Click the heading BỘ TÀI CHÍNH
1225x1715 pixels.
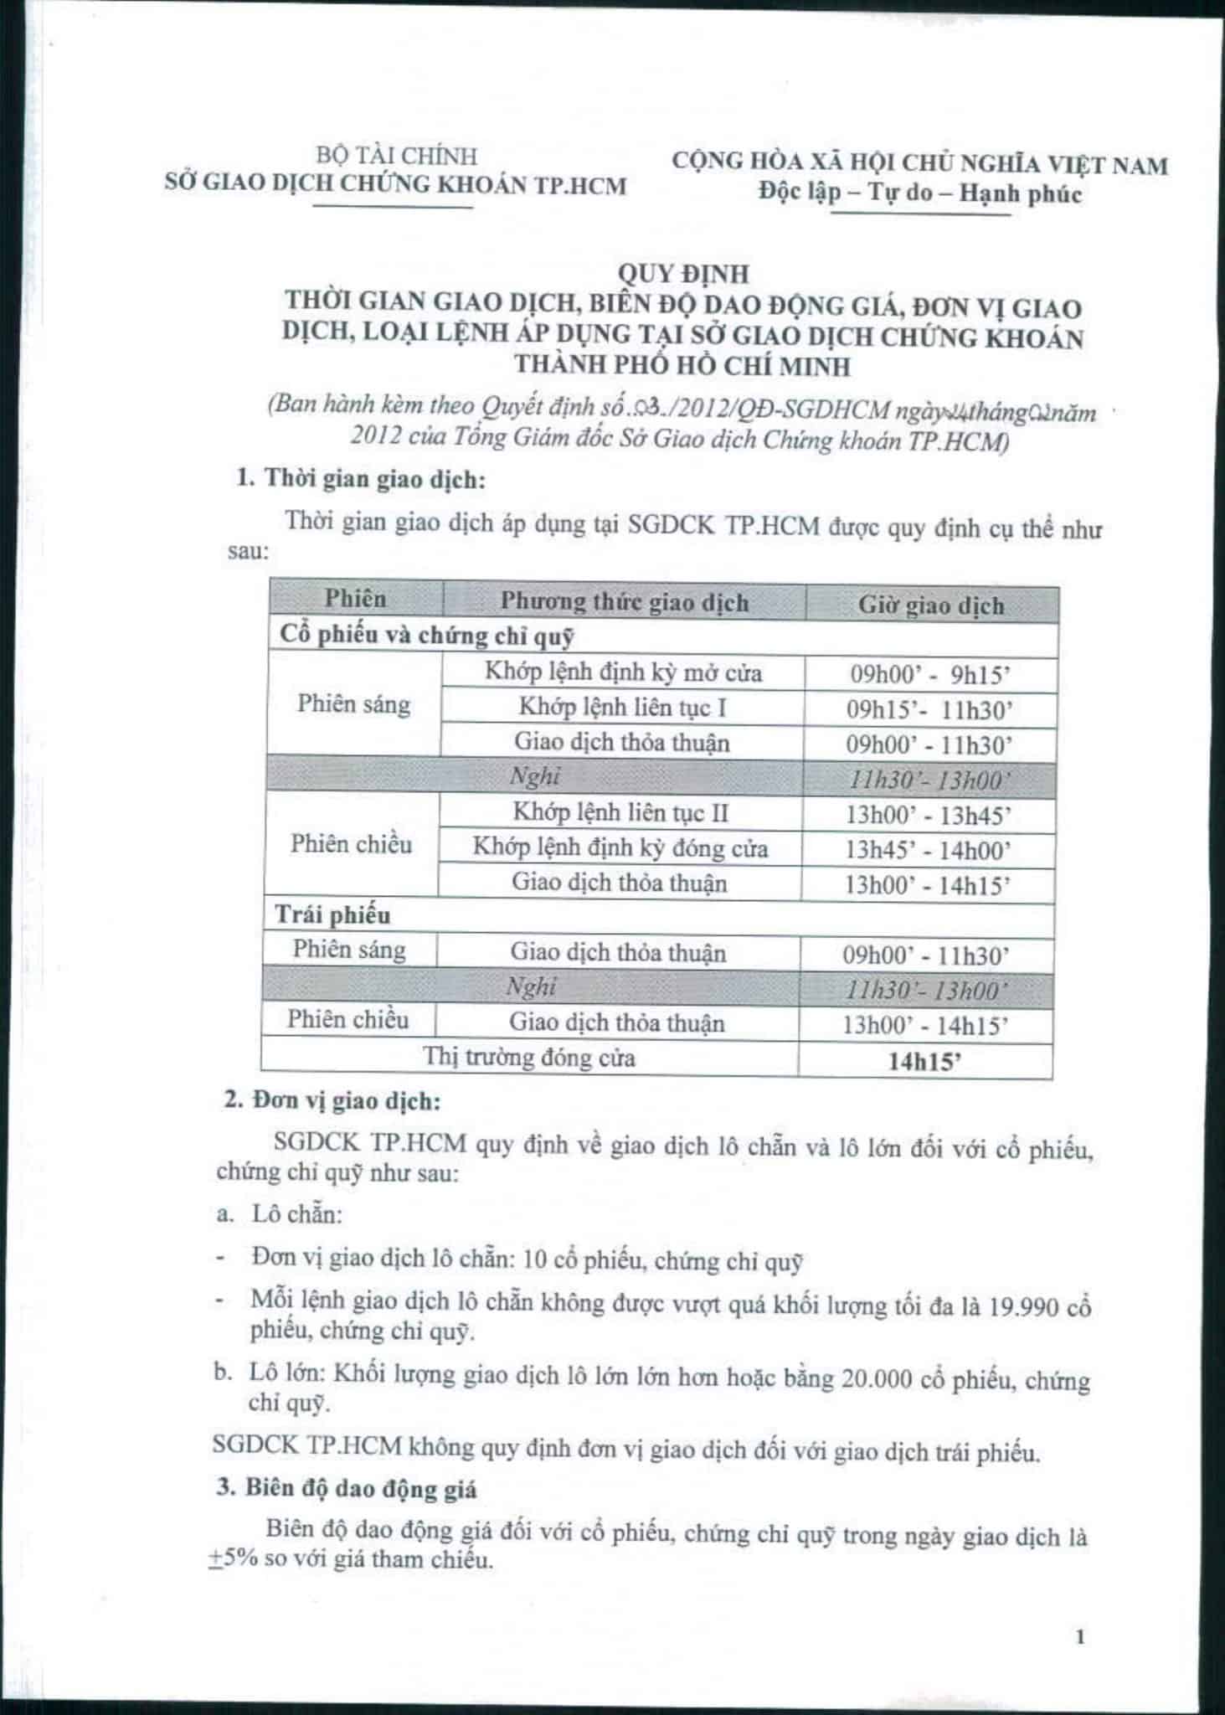(396, 156)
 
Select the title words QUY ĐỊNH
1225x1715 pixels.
(682, 274)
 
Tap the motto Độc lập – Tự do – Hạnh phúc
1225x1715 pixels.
(919, 193)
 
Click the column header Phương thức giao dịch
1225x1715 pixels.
(624, 602)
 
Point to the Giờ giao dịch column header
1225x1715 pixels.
(930, 605)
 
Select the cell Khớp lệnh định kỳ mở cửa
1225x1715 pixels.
(623, 672)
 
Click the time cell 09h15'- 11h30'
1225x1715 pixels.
(929, 711)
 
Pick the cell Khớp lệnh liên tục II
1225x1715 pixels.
(620, 812)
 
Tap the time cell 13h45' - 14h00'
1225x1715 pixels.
(928, 851)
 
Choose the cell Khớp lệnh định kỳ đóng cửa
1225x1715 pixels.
(620, 847)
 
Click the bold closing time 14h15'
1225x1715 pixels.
(924, 1062)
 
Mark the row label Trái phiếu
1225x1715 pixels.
(332, 915)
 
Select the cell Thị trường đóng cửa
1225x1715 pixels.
(529, 1058)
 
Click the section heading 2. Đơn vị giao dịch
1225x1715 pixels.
(332, 1100)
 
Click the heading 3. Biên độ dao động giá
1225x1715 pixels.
(347, 1488)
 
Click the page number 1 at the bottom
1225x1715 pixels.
(1079, 1636)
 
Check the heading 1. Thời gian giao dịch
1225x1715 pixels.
(361, 480)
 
